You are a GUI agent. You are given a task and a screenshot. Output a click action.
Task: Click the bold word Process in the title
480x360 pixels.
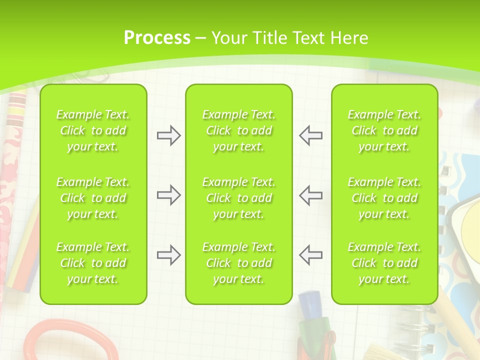coord(157,38)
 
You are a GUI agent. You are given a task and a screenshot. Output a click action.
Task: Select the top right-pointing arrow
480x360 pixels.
coord(168,135)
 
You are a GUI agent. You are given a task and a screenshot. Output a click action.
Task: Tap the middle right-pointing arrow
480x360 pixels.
coord(168,195)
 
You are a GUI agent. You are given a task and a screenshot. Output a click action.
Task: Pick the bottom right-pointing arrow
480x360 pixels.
coord(168,255)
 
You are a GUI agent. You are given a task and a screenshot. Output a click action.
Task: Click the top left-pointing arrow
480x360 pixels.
coord(310,135)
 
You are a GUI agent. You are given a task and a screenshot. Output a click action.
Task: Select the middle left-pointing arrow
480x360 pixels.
coord(310,195)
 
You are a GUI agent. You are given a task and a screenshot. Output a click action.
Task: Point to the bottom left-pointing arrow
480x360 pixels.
coord(310,255)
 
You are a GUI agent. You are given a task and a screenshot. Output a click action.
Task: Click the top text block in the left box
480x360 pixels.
coord(93,130)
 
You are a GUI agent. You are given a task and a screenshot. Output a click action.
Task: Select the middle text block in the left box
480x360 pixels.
coord(93,198)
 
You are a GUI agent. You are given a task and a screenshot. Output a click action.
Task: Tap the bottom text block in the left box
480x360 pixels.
coord(93,263)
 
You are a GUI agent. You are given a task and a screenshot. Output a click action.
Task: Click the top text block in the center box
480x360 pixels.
coord(239,130)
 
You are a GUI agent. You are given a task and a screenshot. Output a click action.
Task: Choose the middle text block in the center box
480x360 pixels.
coord(239,198)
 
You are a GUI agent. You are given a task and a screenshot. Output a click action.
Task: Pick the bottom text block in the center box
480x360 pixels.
coord(239,263)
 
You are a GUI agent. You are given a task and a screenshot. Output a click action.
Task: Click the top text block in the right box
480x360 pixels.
coord(384,130)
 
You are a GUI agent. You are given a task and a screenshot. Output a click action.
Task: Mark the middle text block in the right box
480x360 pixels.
coord(384,198)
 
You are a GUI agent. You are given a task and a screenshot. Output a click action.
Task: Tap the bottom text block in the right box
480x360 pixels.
coord(384,263)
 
